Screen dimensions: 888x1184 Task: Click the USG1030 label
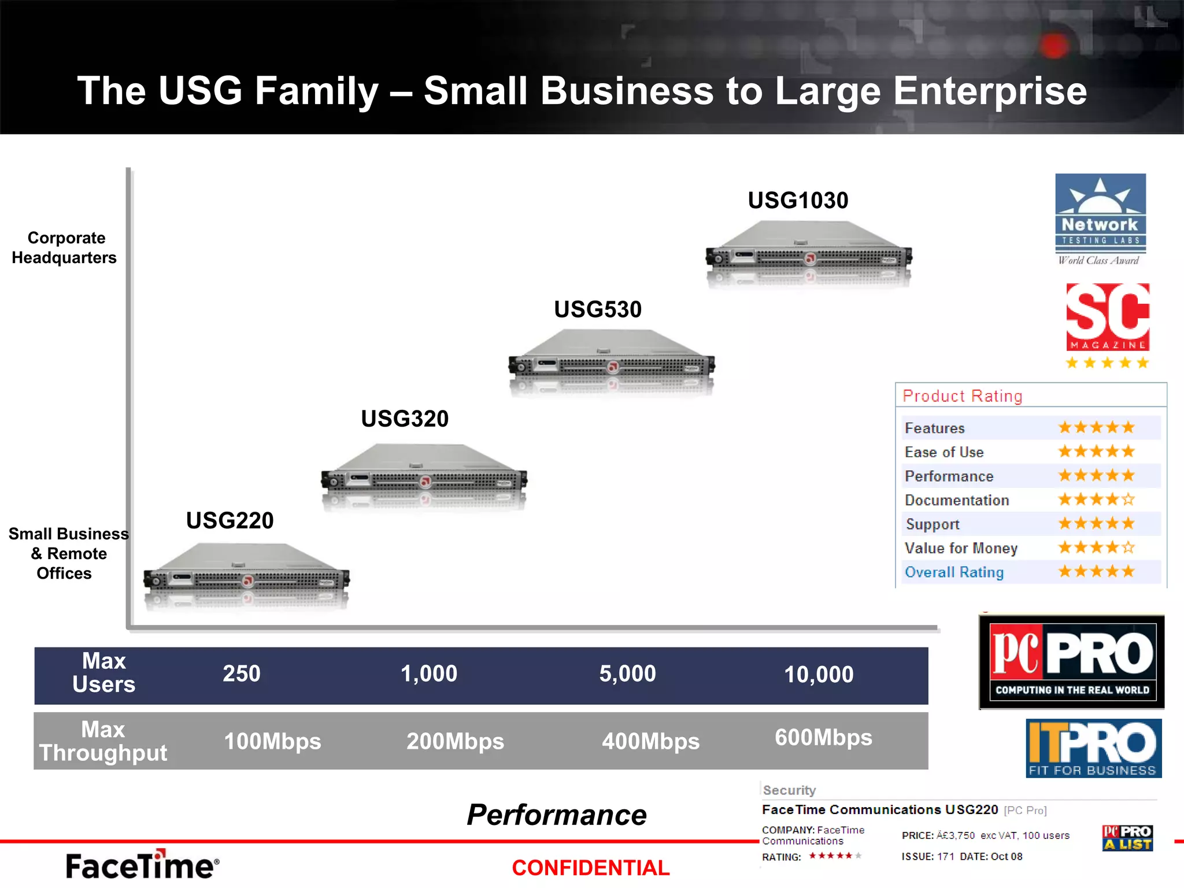click(798, 201)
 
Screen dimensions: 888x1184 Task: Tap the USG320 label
click(405, 419)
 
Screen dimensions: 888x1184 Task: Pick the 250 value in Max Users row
click(242, 674)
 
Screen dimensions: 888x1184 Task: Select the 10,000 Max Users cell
click(819, 675)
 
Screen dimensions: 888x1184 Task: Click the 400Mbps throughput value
click(650, 741)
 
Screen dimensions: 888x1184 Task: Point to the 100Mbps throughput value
click(272, 741)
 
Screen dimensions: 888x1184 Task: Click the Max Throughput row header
click(103, 741)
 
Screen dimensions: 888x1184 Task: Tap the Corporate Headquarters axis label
click(65, 247)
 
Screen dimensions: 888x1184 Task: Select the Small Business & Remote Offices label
click(68, 553)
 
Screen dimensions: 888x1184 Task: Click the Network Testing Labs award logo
click(1100, 219)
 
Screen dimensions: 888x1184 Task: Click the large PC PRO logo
click(1072, 662)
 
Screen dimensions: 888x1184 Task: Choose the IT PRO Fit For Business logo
click(1093, 748)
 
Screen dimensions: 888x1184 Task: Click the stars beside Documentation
click(1096, 499)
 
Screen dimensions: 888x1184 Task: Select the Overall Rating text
click(954, 572)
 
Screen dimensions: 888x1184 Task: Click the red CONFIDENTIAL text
click(590, 868)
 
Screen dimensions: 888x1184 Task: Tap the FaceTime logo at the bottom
click(142, 865)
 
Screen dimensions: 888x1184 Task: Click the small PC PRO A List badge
click(1127, 838)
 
